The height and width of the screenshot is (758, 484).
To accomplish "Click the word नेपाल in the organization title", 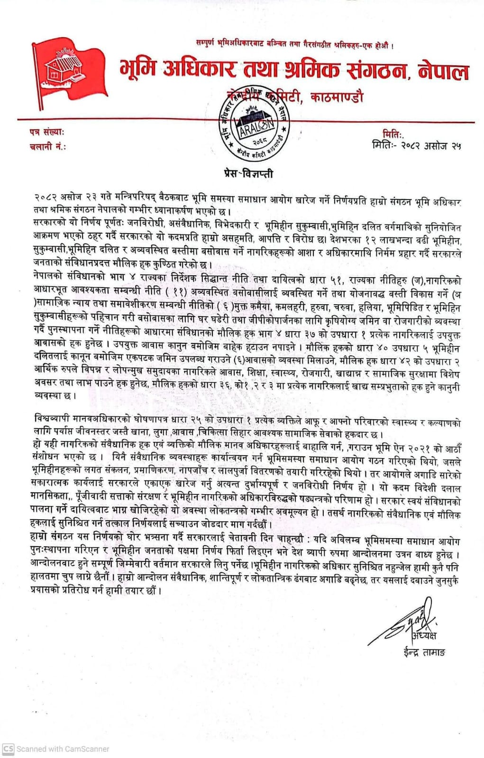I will click(443, 71).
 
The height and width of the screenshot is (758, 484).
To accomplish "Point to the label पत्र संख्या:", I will click(46, 133).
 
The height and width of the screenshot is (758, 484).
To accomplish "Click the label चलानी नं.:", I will click(47, 146).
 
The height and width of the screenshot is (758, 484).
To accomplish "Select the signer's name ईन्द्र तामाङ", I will click(421, 652).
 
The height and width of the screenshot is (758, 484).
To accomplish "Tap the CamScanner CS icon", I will click(8, 749).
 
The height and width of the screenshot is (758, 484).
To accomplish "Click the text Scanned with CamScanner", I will click(63, 749).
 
